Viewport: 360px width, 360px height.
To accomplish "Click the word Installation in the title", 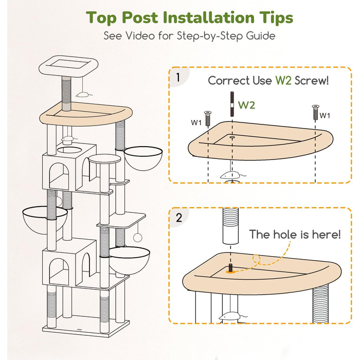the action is (208, 17).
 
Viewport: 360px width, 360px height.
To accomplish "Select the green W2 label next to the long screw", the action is (246, 105).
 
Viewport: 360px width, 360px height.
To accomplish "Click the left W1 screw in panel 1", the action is (208, 118).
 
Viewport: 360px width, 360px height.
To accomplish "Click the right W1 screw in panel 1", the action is (316, 112).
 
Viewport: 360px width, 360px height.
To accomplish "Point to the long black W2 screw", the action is (232, 104).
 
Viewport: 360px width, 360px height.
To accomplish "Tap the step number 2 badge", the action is (179, 218).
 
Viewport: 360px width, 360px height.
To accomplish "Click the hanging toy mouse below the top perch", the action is (83, 94).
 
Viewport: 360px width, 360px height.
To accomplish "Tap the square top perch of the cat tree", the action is (68, 66).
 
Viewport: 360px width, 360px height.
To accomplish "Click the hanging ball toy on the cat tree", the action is (138, 238).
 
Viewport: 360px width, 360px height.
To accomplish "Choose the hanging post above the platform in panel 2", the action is (231, 226).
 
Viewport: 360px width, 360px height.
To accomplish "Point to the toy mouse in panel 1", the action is (231, 176).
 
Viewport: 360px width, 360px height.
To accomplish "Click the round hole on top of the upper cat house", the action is (69, 150).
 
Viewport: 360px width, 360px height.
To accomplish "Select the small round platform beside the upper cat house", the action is (105, 158).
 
